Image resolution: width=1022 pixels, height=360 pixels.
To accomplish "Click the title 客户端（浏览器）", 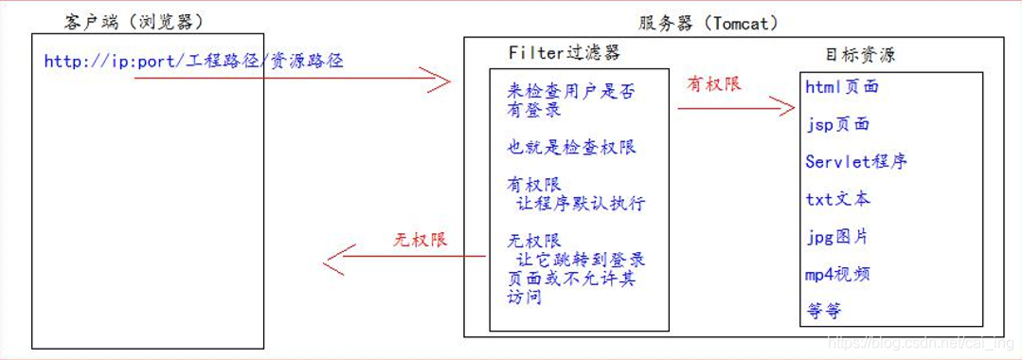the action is (134, 22).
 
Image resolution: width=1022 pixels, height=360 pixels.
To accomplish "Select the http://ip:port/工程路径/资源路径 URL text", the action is (193, 62).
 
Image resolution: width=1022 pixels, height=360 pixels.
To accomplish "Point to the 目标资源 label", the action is (860, 55).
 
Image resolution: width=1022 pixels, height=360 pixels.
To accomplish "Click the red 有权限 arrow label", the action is (714, 84).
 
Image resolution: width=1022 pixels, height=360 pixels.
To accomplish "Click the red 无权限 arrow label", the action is (420, 240).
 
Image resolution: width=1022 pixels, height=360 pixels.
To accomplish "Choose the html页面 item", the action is (842, 87).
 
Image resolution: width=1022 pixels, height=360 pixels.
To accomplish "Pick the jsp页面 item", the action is (837, 124).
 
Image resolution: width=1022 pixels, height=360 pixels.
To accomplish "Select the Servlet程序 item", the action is (856, 161).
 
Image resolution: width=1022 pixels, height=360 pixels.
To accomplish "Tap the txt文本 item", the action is (837, 199).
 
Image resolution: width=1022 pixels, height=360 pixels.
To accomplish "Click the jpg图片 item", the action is (837, 237).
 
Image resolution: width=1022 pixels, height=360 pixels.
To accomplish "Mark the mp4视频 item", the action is (837, 274).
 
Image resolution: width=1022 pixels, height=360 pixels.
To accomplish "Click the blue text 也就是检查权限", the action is (571, 148).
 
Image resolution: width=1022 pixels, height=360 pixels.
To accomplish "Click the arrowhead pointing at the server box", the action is (440, 81).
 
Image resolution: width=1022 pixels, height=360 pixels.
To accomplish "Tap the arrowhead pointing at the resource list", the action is (783, 107).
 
